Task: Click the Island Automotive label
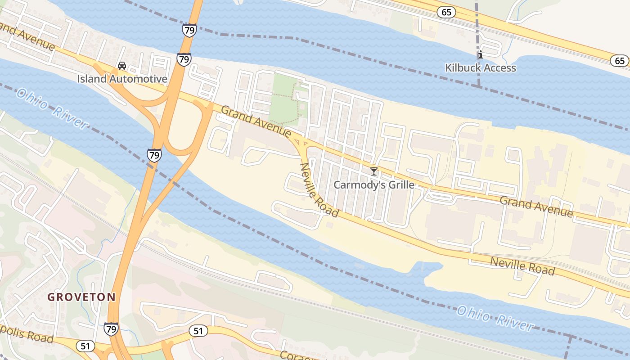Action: pos(122,79)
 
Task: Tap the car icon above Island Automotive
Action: pos(121,66)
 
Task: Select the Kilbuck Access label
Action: pos(480,68)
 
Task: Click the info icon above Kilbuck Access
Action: pos(480,55)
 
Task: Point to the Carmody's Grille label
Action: pos(373,185)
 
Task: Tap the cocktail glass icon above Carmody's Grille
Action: pos(373,171)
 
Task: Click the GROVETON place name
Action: pos(81,297)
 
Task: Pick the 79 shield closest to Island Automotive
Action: pos(184,59)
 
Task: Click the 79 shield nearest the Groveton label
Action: pos(111,329)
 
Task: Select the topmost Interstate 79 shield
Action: pos(189,30)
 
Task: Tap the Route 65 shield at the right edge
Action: pos(620,61)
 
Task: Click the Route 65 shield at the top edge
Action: pos(446,12)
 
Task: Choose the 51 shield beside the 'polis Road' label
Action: pos(85,346)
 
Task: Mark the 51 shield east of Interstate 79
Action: pos(198,331)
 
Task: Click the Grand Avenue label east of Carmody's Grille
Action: pos(536,207)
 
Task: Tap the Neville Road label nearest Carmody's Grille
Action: pos(319,189)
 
